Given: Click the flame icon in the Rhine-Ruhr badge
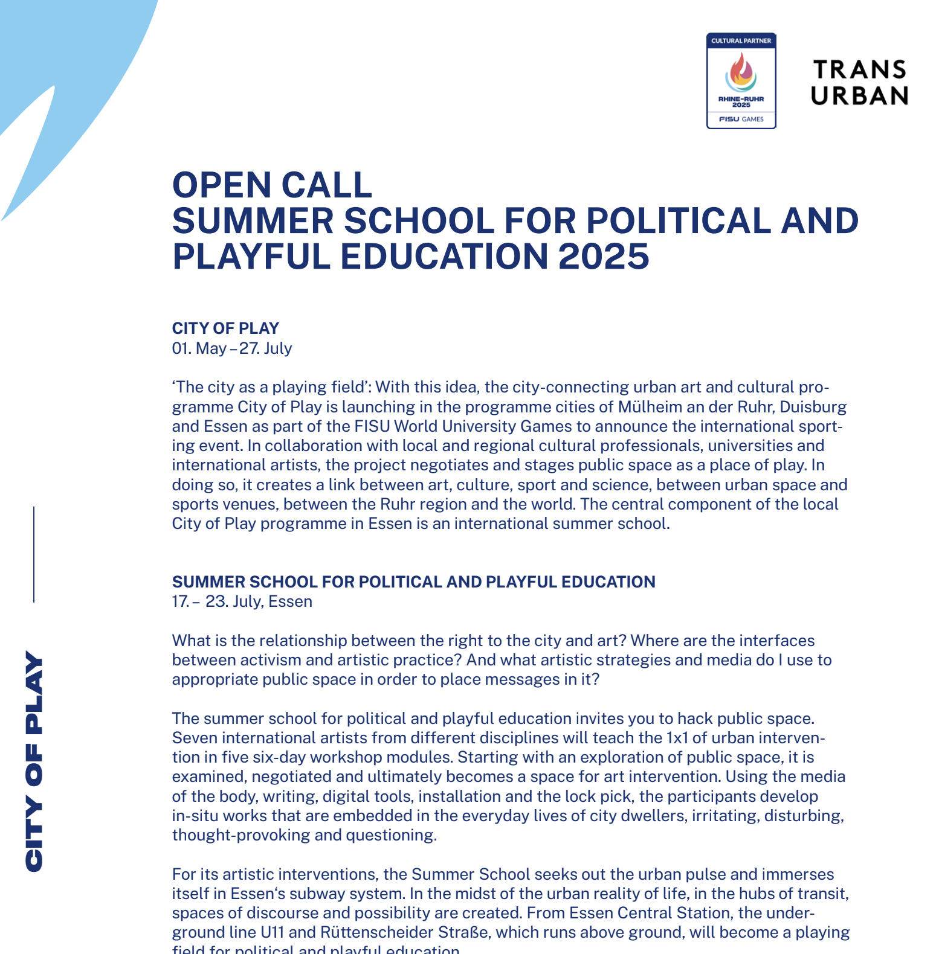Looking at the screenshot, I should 741,71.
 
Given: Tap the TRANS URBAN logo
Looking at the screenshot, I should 859,83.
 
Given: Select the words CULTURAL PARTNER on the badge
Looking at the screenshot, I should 741,41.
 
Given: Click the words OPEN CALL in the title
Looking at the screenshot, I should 272,185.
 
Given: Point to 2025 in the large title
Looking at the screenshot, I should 604,256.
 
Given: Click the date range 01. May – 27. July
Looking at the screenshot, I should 232,348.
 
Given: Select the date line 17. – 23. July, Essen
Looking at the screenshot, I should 242,602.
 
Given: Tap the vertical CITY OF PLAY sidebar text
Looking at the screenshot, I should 34,761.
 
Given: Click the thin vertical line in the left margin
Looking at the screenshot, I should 34,554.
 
